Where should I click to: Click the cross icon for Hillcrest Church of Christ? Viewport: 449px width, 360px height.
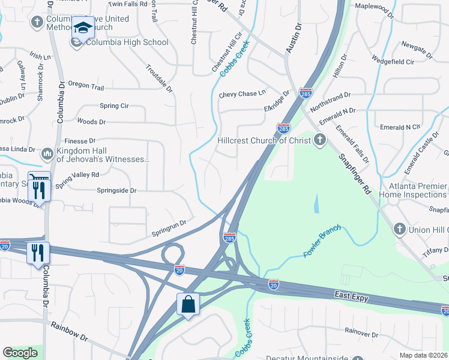[320, 140]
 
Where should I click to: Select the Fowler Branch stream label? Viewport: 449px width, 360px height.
[322, 241]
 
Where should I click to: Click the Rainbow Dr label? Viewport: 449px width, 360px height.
[69, 332]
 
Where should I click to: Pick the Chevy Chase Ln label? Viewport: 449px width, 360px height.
[242, 94]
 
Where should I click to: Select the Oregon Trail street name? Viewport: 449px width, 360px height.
[86, 86]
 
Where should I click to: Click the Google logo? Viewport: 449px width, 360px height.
[20, 353]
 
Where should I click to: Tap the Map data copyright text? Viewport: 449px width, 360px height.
[424, 355]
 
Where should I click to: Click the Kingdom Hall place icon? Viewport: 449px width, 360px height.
[47, 155]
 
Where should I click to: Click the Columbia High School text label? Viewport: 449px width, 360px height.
[127, 43]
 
